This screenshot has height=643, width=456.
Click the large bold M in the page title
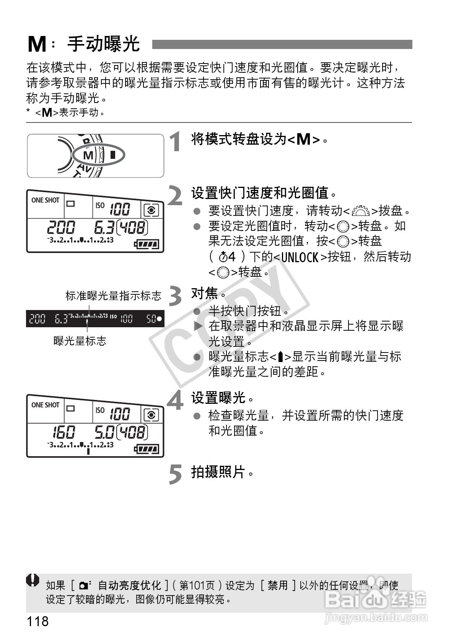(x=37, y=45)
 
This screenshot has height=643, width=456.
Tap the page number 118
(x=37, y=621)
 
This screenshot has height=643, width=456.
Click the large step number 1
(x=176, y=142)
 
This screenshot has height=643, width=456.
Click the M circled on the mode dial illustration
(x=88, y=155)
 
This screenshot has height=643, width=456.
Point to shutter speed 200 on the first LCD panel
(x=61, y=227)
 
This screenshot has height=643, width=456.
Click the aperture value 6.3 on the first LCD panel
(x=104, y=227)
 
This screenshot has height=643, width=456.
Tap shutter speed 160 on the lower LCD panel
(x=64, y=432)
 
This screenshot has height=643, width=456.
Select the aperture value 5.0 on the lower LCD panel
(x=104, y=432)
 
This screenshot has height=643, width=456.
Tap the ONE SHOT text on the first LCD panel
(x=46, y=200)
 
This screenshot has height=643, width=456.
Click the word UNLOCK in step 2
(x=300, y=257)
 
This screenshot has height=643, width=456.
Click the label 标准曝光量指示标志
(x=113, y=296)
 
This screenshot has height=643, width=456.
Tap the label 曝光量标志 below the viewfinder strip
(x=80, y=341)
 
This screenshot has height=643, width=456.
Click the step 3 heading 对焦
(x=205, y=294)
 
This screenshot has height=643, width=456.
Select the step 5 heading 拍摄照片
(x=218, y=472)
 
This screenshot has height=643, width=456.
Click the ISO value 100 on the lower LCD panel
(x=120, y=414)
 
